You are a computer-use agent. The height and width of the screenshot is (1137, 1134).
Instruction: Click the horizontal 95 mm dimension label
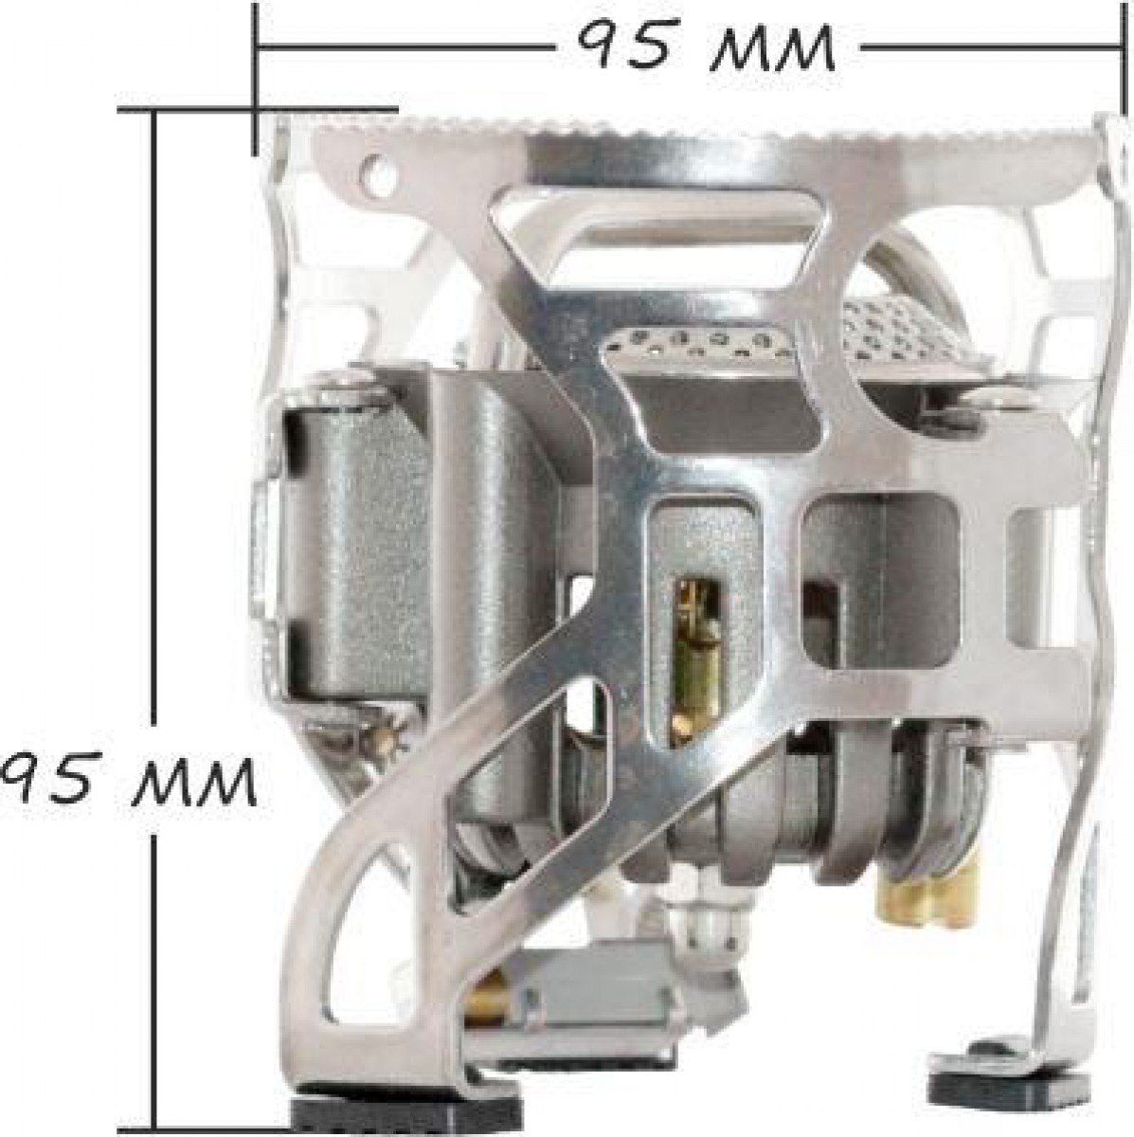point(706,47)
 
